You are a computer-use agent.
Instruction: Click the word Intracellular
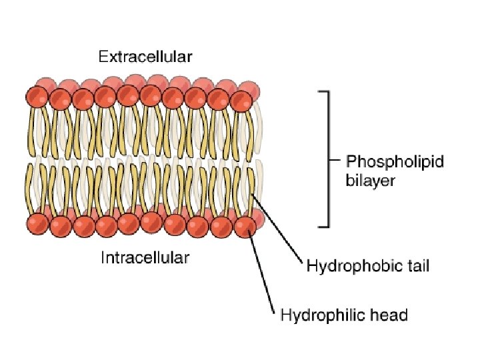coord(145,257)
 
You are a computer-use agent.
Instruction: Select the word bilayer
coord(370,180)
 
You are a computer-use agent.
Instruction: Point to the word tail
coord(414,267)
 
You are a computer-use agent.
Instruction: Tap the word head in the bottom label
coord(387,314)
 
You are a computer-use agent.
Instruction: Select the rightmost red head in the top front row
coord(241,101)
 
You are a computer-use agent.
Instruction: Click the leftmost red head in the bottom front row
coord(38,225)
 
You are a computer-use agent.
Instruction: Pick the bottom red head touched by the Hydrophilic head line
coord(245,227)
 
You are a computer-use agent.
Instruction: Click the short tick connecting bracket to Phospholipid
coord(335,161)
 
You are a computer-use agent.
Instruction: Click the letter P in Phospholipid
coord(351,162)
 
